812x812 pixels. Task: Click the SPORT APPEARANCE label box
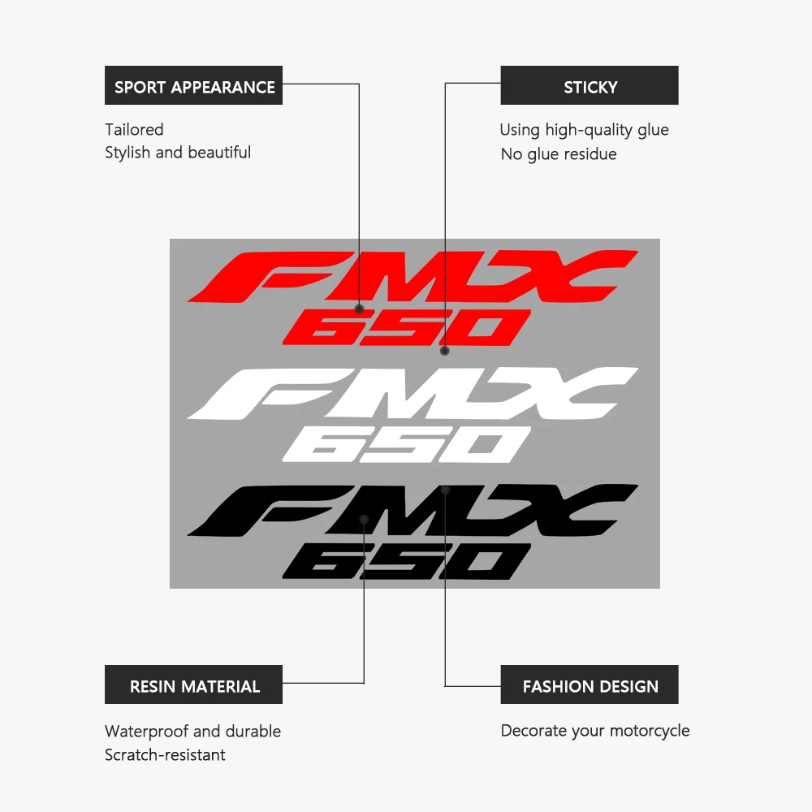tap(193, 85)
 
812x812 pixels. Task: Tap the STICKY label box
tap(590, 85)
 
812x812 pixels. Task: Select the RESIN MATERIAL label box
tap(193, 685)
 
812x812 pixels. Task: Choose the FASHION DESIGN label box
tap(590, 685)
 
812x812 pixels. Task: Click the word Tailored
tap(134, 129)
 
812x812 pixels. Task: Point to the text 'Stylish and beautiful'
tap(178, 153)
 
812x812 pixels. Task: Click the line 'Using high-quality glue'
tap(584, 130)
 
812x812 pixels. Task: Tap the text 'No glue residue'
tap(559, 154)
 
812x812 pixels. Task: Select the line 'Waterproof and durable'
tap(192, 731)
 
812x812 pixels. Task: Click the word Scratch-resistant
tap(165, 755)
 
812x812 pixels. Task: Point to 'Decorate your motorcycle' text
tap(595, 731)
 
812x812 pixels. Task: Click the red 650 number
tap(406, 328)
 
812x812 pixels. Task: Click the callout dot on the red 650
tap(444, 351)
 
